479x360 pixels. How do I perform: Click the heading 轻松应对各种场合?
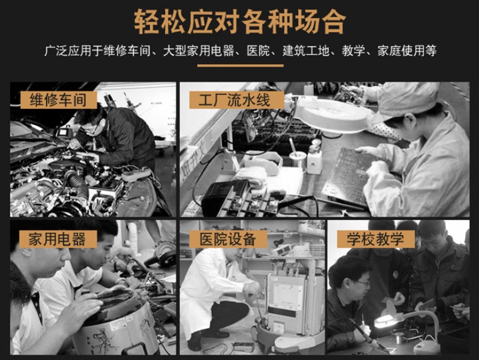240,22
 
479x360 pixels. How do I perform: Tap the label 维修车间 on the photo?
58,100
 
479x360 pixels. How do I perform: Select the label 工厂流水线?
235,100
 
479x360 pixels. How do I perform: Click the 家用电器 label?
57,239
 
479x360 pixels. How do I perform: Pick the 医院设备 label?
228,239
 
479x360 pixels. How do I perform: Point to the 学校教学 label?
376,239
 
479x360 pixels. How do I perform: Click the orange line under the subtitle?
240,65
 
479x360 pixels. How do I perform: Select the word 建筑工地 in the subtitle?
306,51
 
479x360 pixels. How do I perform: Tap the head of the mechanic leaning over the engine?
91,121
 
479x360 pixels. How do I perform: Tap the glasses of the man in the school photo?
363,283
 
